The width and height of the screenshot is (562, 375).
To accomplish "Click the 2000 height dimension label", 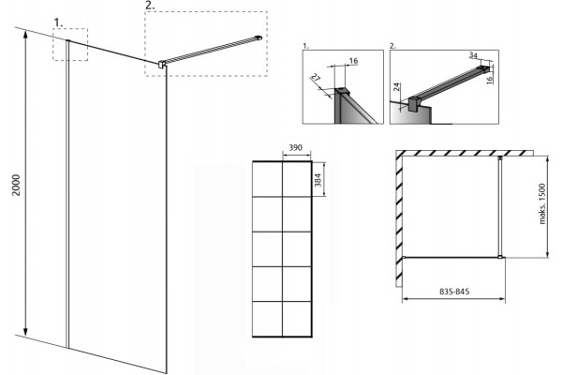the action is coord(17,185).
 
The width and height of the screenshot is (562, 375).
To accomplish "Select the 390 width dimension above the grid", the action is coord(296,147).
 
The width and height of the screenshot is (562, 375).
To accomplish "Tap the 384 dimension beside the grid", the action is coord(318,179).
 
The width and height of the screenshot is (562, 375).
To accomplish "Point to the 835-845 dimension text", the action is coord(454,292).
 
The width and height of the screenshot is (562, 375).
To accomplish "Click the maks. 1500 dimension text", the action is coord(542,203).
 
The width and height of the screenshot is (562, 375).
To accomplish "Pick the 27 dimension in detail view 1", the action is coord(315,78).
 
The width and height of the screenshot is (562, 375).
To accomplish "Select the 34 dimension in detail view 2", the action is coord(473,55).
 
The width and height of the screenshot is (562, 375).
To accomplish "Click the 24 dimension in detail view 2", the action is coord(397,87).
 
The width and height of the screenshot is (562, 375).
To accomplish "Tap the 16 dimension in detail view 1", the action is coord(353,61).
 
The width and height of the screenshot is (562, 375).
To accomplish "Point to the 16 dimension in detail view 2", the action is coord(490,78).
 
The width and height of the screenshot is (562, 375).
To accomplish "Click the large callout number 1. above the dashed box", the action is coord(58,22).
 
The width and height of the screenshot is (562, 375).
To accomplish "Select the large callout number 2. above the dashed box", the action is coord(150,6).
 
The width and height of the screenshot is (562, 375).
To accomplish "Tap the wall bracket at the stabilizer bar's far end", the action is coord(259,37).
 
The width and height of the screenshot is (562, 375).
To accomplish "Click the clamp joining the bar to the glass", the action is coord(162,65).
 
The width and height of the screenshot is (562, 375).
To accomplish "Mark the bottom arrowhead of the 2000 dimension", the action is coord(25,333).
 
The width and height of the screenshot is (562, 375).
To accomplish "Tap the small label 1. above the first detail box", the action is coord(305,46).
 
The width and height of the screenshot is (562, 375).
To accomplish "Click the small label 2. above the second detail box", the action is coord(392,46).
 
